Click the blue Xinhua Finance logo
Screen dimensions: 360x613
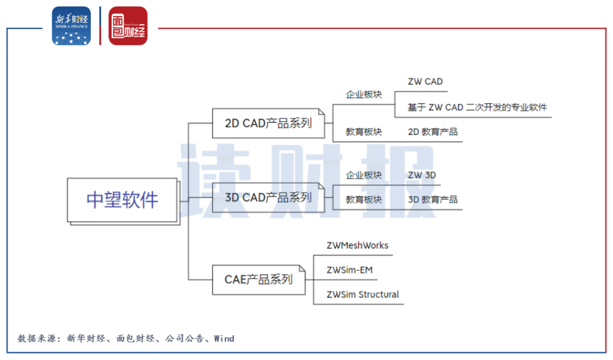[71, 26]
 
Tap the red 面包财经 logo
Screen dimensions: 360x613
[128, 26]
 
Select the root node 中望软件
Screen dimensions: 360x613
[122, 200]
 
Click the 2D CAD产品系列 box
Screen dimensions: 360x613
[268, 123]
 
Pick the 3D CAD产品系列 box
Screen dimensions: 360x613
[268, 198]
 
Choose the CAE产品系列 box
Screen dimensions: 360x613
[258, 279]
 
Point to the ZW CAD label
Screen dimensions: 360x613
[425, 82]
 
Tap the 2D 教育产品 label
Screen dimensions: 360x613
[433, 132]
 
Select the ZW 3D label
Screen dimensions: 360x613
[422, 175]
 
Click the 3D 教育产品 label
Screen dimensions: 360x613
[433, 200]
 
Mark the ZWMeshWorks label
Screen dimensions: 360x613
[358, 245]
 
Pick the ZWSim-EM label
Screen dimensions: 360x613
[350, 270]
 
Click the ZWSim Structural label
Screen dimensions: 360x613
[363, 294]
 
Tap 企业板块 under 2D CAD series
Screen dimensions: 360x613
[364, 94]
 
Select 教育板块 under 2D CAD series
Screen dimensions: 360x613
[364, 132]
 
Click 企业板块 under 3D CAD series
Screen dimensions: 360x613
[364, 175]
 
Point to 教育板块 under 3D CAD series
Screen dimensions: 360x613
[364, 200]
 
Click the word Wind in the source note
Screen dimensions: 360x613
[224, 338]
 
